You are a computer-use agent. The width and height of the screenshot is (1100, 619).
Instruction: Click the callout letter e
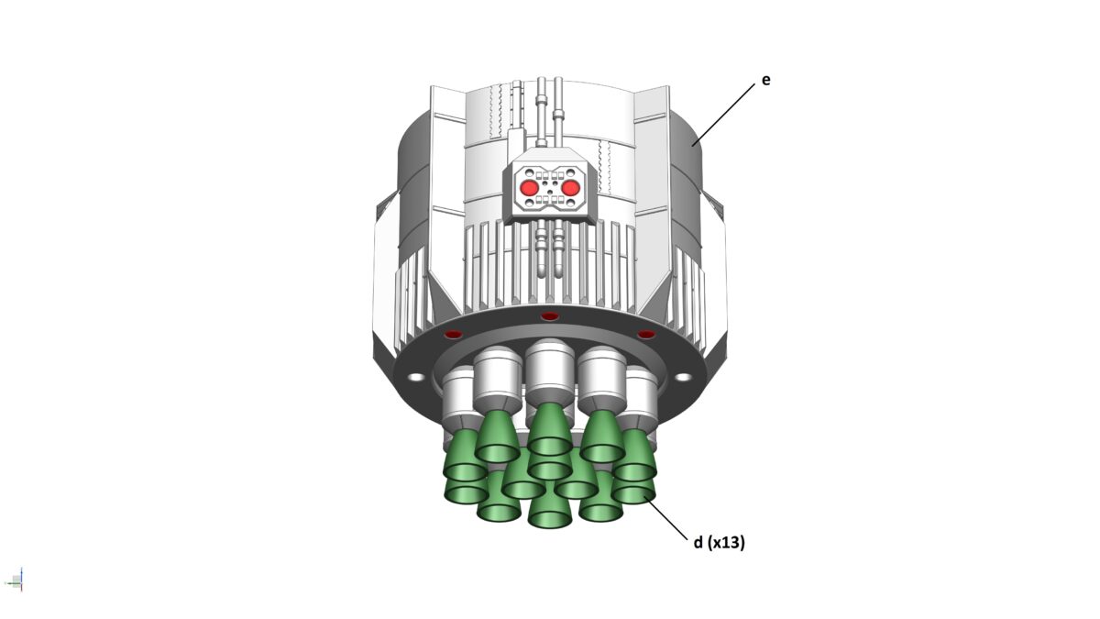765,80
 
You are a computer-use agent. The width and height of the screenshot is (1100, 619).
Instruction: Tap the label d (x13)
719,542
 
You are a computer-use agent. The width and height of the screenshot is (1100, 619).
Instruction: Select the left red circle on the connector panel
530,188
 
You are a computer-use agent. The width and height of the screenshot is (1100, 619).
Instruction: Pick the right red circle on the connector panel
570,188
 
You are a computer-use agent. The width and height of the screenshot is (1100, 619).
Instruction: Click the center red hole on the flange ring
549,315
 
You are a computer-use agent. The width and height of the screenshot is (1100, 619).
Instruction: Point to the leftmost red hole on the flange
453,335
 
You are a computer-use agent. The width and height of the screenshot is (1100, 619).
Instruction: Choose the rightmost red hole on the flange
646,335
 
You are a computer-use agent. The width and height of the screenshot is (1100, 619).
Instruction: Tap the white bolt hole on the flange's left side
416,377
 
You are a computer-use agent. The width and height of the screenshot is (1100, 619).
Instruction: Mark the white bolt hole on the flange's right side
683,377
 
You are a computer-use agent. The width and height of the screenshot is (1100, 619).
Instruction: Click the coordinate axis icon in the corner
15,580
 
